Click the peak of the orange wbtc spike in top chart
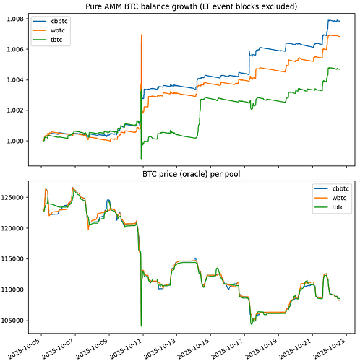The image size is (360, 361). click(x=141, y=35)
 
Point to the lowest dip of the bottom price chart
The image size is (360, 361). click(x=141, y=325)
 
